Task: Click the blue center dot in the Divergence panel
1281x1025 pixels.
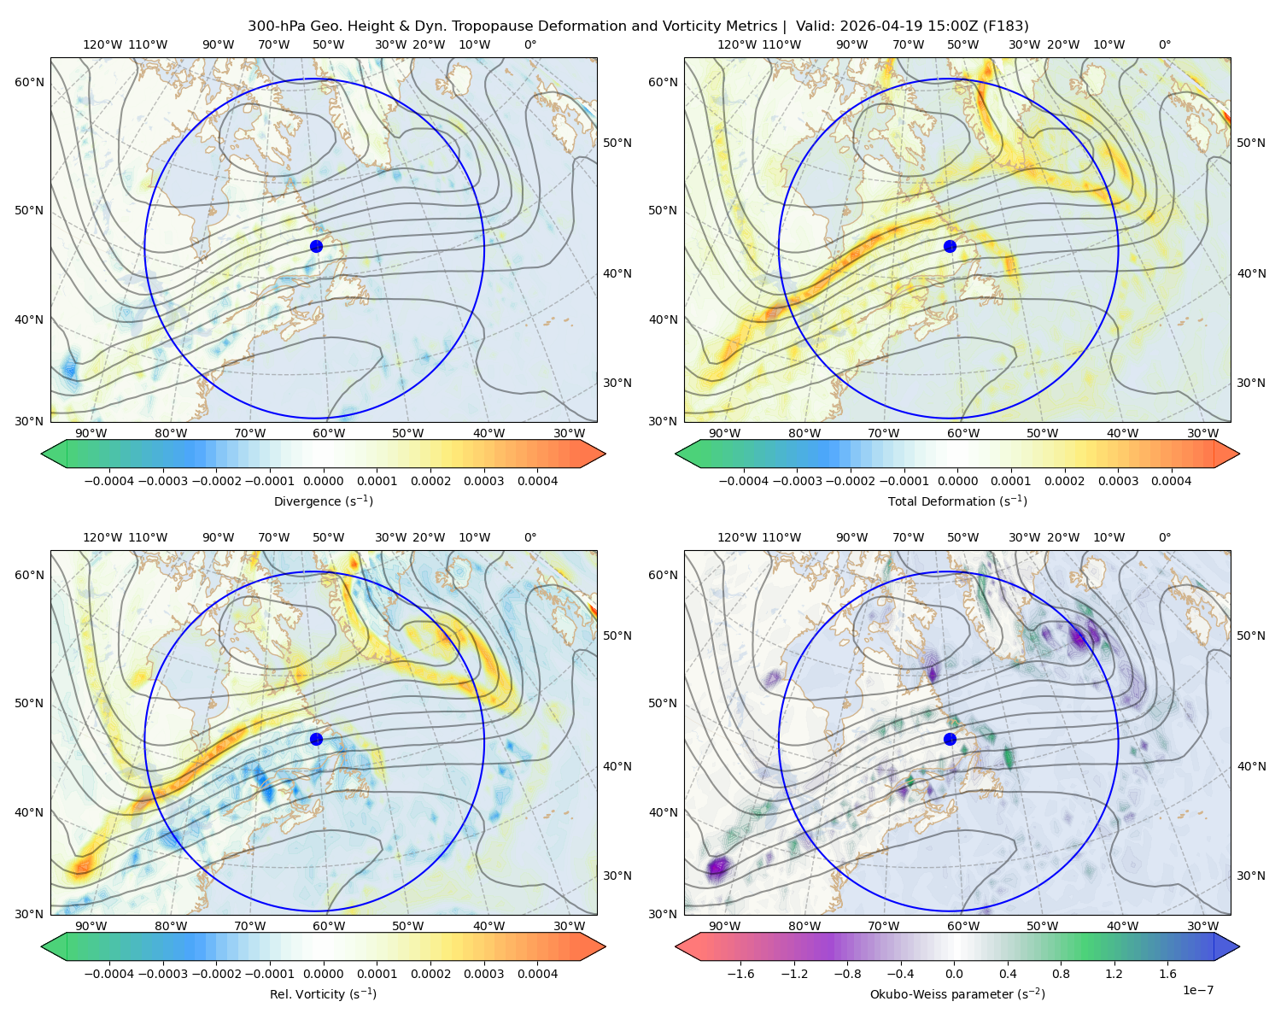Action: [316, 247]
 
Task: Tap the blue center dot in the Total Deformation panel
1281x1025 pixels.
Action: [950, 247]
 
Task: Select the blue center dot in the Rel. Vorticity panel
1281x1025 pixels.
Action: [316, 739]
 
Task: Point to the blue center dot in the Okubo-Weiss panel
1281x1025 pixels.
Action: [950, 739]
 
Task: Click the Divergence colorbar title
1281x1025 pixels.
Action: [323, 501]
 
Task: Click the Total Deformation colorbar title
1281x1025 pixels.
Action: [957, 501]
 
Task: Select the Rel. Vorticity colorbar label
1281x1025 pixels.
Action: [323, 994]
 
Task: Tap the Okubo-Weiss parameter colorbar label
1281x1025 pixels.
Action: [957, 994]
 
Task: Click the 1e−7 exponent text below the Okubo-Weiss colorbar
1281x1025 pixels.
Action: [1197, 990]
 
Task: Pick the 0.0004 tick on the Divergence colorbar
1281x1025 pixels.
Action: [537, 481]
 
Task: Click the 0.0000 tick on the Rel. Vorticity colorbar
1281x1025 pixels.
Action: [323, 974]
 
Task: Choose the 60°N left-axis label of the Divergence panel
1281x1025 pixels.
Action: [29, 82]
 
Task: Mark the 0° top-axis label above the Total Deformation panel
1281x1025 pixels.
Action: [1164, 44]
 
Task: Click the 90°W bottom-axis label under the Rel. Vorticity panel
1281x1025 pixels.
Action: [91, 926]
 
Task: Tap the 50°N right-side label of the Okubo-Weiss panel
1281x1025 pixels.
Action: [1251, 635]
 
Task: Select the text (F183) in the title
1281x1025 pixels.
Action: [1005, 26]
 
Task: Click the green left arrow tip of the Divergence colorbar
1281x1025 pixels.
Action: [42, 454]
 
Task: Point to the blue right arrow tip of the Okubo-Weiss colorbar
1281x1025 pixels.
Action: [1239, 946]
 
